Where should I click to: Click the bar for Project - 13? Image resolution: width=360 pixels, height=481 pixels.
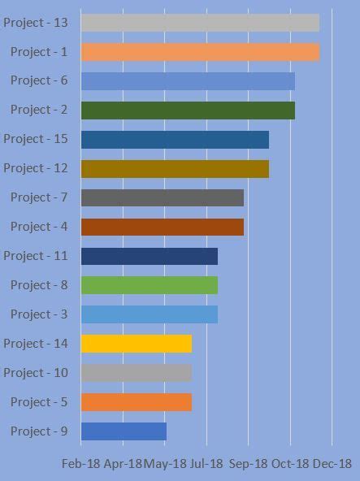click(200, 23)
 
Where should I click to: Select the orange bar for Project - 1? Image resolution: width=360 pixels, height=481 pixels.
click(200, 52)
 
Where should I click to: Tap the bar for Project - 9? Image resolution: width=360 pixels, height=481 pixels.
click(124, 431)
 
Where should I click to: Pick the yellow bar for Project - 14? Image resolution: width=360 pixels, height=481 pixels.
click(137, 344)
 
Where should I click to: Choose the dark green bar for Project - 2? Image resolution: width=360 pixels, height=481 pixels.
click(188, 110)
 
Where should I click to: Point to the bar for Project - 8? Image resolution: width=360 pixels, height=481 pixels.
click(150, 285)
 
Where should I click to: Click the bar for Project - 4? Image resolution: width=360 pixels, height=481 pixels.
click(163, 227)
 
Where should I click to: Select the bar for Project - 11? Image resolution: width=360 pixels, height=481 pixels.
click(150, 256)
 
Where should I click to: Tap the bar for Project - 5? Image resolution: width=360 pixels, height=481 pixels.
click(137, 402)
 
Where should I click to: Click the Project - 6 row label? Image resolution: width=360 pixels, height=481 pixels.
click(39, 80)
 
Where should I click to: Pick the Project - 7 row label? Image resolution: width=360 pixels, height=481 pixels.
click(39, 197)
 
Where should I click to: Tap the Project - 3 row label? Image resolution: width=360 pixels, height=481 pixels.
click(39, 314)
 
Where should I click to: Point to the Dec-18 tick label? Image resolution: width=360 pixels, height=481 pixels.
click(332, 463)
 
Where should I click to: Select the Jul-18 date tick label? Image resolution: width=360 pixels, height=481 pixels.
click(206, 463)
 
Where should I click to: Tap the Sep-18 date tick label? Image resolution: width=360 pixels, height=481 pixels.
click(249, 463)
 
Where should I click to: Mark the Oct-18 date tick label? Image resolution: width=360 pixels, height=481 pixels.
click(290, 463)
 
